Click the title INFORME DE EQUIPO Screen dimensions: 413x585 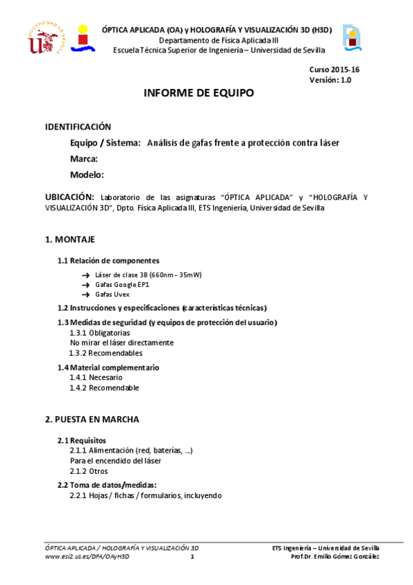tap(199, 93)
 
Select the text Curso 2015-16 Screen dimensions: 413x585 tap(334, 70)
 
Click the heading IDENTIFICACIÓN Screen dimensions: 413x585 tap(78, 127)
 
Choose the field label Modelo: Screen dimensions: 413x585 tap(87, 175)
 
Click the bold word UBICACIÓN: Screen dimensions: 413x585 tap(69, 197)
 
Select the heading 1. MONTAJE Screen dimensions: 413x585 tap(70, 239)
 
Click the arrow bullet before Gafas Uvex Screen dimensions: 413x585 tap(85, 294)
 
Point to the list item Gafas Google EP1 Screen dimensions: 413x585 tap(122, 284)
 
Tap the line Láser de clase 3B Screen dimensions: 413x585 tap(148, 275)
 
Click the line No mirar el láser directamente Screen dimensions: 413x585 tap(122, 342)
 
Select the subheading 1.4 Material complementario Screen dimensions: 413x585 tap(108, 368)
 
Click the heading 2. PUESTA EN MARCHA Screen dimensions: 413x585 tap(92, 419)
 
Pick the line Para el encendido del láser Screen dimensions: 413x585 tap(116, 460)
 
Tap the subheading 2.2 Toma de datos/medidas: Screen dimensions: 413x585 tap(107, 485)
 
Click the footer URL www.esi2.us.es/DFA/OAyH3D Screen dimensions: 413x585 tap(87, 557)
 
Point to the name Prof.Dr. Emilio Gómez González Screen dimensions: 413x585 tap(335, 557)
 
